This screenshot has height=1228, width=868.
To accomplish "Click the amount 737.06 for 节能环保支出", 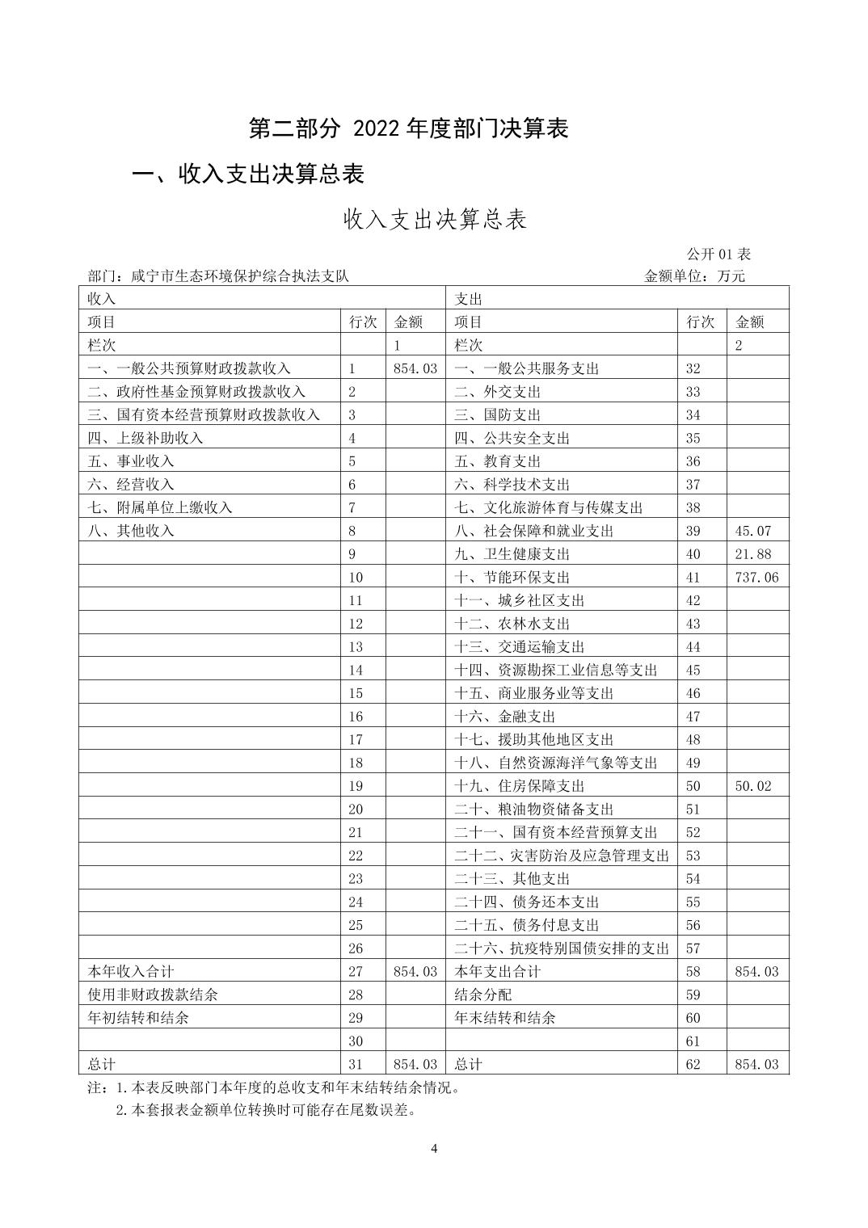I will [x=756, y=577].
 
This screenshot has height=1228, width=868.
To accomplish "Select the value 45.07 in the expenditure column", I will [x=753, y=531].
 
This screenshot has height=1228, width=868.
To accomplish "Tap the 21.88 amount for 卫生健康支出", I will [x=753, y=554].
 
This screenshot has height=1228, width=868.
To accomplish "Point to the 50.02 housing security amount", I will [x=753, y=786].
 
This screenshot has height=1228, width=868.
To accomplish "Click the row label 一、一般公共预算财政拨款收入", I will [x=189, y=368].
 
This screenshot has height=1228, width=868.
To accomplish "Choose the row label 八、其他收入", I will [x=131, y=531].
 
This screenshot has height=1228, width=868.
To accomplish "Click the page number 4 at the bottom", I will [x=434, y=1149].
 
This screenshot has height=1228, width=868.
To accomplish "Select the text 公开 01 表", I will [x=718, y=254].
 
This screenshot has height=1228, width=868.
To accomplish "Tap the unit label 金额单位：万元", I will [x=694, y=276].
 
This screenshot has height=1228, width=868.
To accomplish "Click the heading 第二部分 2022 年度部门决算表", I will [x=408, y=128].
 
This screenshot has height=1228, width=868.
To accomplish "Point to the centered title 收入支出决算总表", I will [x=435, y=220].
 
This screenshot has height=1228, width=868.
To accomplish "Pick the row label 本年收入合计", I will [x=131, y=971].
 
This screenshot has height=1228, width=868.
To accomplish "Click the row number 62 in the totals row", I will [x=693, y=1064].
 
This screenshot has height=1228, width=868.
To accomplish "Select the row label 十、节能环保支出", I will [x=512, y=577].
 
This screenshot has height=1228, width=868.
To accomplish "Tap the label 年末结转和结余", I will [x=505, y=1018].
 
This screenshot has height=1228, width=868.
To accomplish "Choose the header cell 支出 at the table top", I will [x=469, y=299].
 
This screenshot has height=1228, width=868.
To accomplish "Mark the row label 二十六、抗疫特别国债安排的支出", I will [x=562, y=948].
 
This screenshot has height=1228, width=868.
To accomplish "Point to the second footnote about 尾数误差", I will [x=266, y=1110].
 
